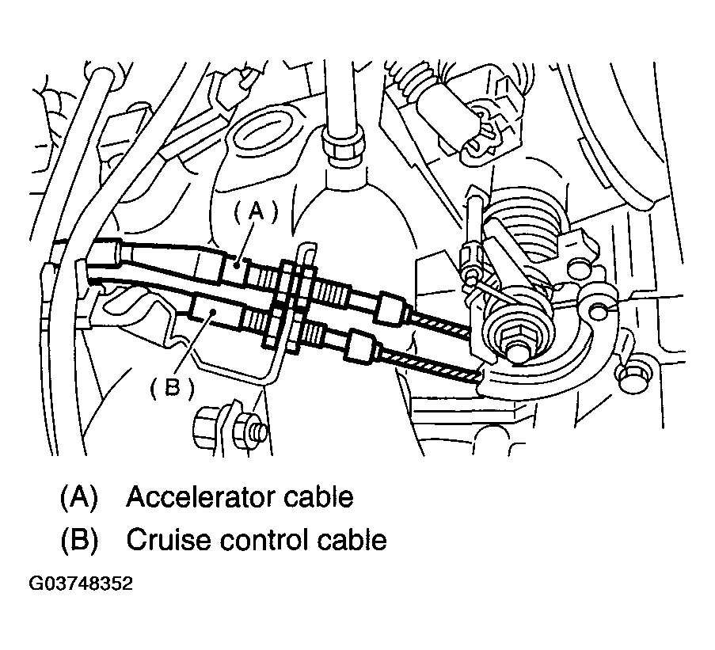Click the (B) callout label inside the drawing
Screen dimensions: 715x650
coord(173,389)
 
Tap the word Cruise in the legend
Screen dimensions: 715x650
coord(168,540)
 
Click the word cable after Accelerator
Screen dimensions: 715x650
coord(318,497)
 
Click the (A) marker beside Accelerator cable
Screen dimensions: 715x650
coord(79,498)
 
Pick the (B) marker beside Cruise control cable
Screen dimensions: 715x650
coord(79,541)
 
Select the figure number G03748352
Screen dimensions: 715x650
coord(81,583)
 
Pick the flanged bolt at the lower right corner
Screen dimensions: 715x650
coord(634,377)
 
